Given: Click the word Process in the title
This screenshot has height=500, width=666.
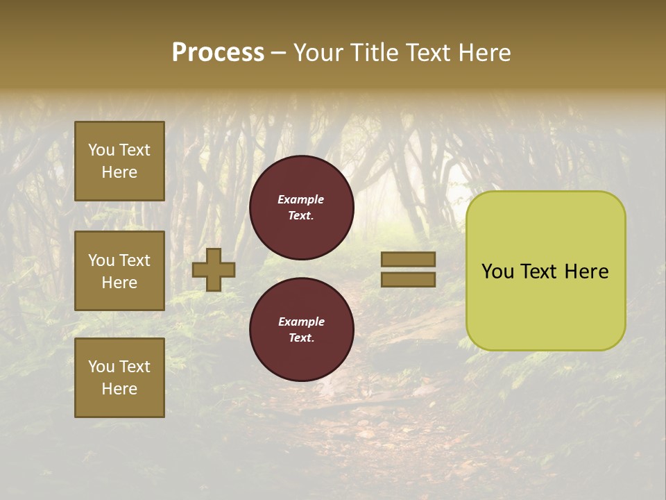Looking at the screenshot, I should tap(218, 53).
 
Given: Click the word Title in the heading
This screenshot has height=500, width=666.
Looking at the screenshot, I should tap(372, 53).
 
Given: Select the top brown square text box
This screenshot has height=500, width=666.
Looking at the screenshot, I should tap(119, 161).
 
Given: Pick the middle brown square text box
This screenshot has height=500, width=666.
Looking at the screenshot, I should tap(119, 271).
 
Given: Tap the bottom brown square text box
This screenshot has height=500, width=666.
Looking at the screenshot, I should tap(119, 378).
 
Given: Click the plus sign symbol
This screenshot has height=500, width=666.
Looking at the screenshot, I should tap(214, 269).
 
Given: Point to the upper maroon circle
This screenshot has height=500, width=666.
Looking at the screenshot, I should tap(301, 208).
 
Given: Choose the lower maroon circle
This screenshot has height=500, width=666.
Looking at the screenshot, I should tap(301, 330).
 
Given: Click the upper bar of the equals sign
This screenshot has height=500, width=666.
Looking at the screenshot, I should tap(408, 259).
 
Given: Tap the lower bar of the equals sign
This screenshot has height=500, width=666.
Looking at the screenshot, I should tap(408, 279).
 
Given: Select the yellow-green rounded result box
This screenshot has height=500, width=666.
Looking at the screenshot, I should tap(545, 271).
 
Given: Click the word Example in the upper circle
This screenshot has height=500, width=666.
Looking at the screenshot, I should tap(300, 199).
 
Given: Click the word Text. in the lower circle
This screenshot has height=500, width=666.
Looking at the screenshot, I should tap(301, 338).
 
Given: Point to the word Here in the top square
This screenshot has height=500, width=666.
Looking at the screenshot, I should tap(119, 172).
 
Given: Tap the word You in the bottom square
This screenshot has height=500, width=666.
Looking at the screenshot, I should tap(101, 367).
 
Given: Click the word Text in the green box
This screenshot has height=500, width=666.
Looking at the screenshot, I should tap(545, 272).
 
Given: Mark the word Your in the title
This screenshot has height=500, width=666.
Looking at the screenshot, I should tap(319, 53).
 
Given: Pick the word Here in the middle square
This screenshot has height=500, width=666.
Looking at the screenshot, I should tap(119, 283).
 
